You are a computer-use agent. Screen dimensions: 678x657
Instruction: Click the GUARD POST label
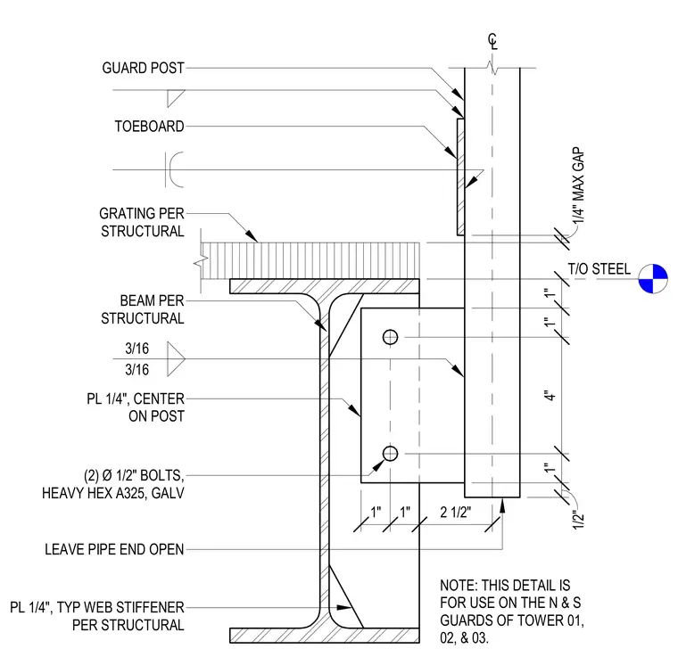(143, 69)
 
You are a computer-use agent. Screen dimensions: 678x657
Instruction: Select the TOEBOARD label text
(149, 127)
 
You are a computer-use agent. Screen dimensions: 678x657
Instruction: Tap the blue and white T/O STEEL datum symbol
(653, 279)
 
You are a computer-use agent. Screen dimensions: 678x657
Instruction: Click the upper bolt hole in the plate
(390, 337)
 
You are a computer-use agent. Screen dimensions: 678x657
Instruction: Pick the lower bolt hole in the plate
(390, 454)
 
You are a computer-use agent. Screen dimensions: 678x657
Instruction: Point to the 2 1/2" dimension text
(456, 513)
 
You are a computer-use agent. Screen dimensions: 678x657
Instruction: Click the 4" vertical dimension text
(550, 396)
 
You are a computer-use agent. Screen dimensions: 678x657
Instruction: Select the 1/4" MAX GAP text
(579, 185)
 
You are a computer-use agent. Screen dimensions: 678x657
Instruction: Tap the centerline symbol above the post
(493, 42)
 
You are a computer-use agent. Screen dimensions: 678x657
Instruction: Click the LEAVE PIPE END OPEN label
(114, 549)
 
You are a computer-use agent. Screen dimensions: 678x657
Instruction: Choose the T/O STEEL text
(599, 269)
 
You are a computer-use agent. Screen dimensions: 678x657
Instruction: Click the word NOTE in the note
(459, 586)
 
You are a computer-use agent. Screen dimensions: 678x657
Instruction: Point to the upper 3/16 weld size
(137, 349)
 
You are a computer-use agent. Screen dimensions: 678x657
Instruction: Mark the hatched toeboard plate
(461, 177)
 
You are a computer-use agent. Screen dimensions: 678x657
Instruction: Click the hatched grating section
(310, 261)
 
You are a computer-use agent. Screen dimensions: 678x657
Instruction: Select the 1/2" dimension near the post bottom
(579, 519)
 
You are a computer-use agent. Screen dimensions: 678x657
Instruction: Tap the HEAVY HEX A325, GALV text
(113, 493)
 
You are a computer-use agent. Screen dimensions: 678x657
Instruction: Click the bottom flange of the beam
(325, 636)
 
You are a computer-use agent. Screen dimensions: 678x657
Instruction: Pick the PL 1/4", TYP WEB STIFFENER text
(97, 607)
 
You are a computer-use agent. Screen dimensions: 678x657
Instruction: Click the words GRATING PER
(142, 213)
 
